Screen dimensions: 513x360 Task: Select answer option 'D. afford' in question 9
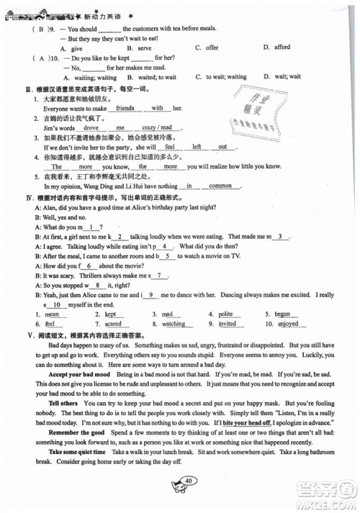(x=276, y=47)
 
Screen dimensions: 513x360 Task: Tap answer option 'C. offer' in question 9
(x=207, y=47)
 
